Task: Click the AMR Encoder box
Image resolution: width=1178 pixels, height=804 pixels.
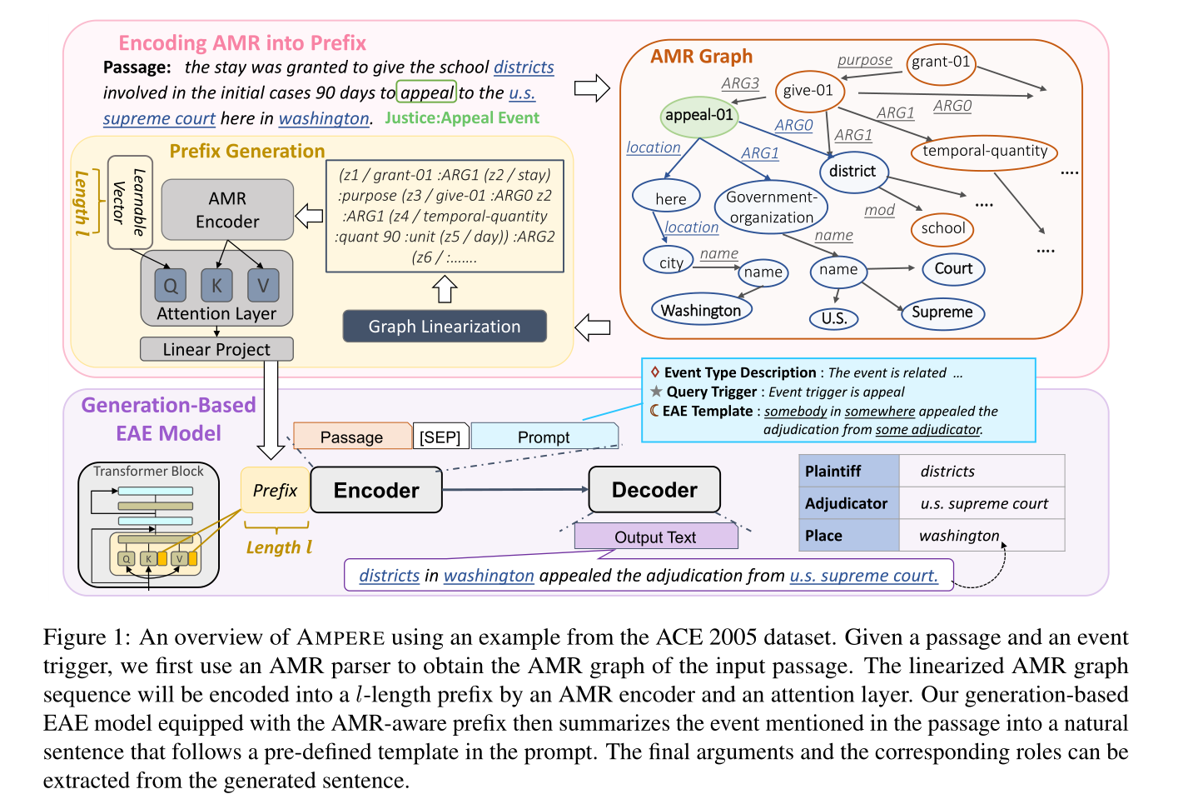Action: point(227,209)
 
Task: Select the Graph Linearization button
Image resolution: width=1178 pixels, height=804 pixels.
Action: point(445,327)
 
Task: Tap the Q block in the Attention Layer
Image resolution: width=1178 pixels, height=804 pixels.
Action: point(170,286)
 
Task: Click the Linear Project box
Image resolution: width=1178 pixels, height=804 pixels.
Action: point(216,349)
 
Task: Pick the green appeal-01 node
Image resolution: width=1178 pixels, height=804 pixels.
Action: point(699,115)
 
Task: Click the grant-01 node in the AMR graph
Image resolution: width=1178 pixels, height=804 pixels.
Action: point(941,62)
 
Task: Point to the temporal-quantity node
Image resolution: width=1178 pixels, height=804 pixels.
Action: point(984,151)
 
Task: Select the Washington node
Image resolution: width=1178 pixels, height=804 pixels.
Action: point(701,310)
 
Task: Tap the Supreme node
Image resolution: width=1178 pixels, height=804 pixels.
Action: point(942,312)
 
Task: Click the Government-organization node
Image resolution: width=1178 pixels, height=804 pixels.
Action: point(771,207)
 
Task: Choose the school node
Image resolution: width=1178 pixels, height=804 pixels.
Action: point(942,228)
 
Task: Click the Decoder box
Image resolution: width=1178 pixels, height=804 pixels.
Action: point(654,490)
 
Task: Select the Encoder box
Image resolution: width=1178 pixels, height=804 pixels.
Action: point(376,490)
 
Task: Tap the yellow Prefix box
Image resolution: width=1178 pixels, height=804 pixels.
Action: point(275,490)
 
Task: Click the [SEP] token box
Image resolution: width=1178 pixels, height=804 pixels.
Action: point(440,437)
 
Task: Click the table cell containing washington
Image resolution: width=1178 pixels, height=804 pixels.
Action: point(981,536)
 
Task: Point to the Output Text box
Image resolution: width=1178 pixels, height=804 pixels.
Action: point(655,537)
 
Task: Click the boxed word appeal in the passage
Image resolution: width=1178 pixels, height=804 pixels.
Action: point(427,92)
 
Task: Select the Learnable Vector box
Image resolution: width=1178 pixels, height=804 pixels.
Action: point(130,202)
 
